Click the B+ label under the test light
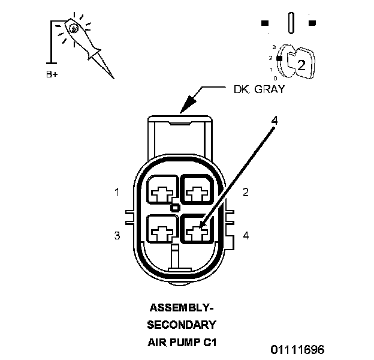tap(52, 76)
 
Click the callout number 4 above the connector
tap(274, 120)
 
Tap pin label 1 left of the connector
tap(117, 193)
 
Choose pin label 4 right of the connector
tap(245, 235)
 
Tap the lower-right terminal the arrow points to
tap(197, 229)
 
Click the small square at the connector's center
tap(175, 208)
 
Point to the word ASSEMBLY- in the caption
tap(181, 308)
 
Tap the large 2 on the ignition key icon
tap(301, 66)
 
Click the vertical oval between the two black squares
tap(291, 23)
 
